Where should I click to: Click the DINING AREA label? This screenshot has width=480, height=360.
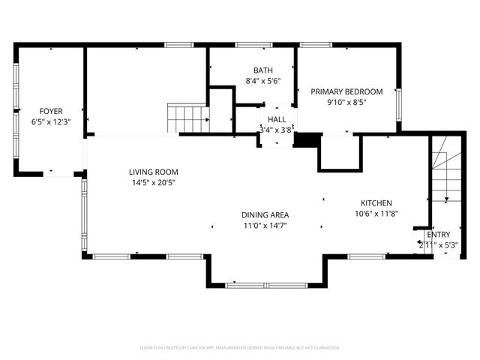[x=265, y=214]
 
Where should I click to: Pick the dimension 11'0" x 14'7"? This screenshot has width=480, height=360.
[x=265, y=225]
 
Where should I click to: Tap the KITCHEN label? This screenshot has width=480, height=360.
[x=376, y=203]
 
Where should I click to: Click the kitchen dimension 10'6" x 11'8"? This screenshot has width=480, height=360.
[x=376, y=214]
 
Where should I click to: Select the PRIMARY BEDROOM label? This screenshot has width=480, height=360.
[x=346, y=91]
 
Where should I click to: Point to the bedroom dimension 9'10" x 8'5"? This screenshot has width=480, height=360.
[x=346, y=103]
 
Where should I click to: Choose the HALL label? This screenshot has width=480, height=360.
[x=276, y=119]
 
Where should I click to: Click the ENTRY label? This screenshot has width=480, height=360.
[x=439, y=235]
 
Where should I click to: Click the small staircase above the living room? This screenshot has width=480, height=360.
[x=187, y=118]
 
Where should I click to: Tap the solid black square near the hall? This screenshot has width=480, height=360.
[x=305, y=140]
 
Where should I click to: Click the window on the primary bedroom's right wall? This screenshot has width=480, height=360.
[x=398, y=100]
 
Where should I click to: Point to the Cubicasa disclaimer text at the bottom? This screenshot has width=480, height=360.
[x=240, y=348]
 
